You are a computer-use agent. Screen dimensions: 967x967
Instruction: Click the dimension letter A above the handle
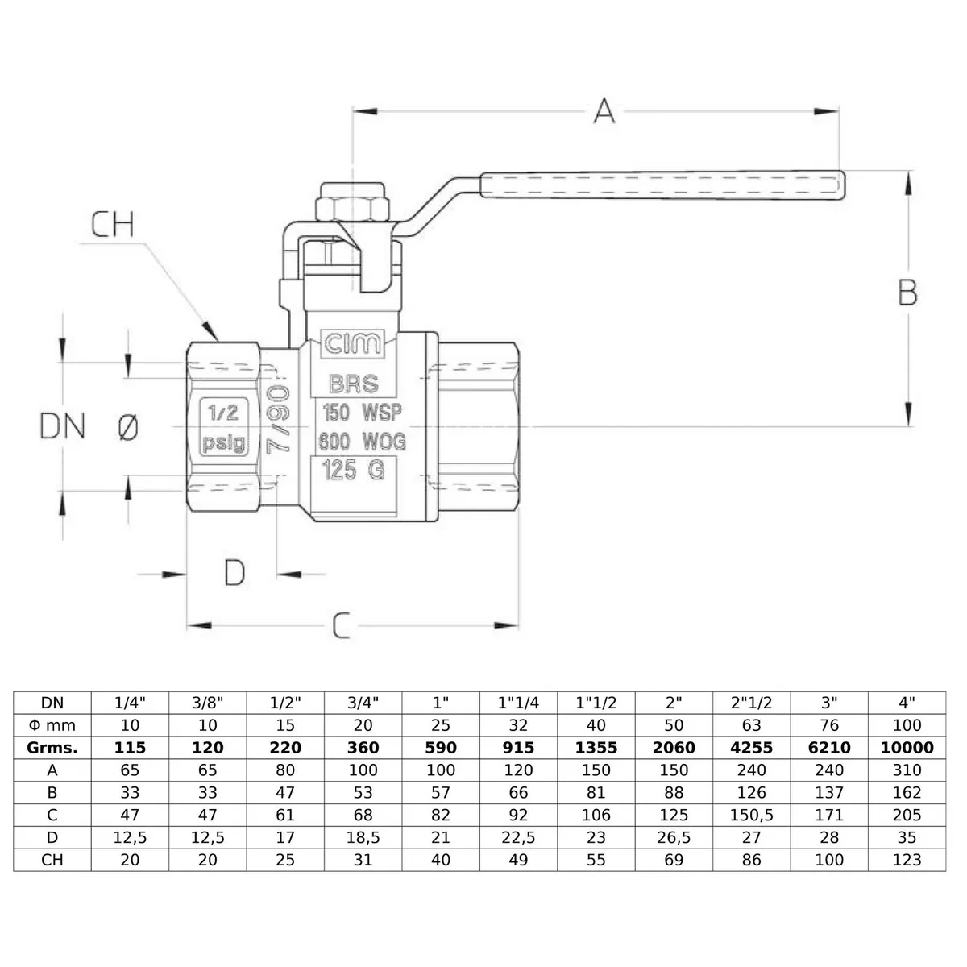(604, 111)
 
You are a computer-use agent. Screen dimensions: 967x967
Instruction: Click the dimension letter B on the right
(907, 293)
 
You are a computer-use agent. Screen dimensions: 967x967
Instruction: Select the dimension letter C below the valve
(342, 625)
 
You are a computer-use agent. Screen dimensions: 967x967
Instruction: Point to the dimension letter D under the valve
(234, 573)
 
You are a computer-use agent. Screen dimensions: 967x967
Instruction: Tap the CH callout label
(113, 225)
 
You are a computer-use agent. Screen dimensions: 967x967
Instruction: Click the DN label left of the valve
(62, 426)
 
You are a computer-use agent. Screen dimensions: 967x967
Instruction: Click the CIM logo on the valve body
(353, 345)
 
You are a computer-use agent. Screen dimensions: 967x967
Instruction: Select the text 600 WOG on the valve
(362, 442)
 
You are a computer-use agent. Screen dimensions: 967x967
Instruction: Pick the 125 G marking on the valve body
(353, 470)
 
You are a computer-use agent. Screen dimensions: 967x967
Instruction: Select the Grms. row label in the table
(52, 747)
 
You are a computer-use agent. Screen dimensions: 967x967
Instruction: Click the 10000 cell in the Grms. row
(907, 747)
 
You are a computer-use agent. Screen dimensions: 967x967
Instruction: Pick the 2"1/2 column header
(751, 703)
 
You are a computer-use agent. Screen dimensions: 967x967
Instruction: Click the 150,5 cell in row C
(751, 815)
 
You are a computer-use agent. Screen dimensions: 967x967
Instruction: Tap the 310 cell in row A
(907, 770)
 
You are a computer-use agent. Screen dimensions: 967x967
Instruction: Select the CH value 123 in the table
(907, 860)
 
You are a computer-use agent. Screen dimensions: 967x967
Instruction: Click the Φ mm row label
(52, 725)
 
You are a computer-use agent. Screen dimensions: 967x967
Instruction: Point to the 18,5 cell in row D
(363, 837)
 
